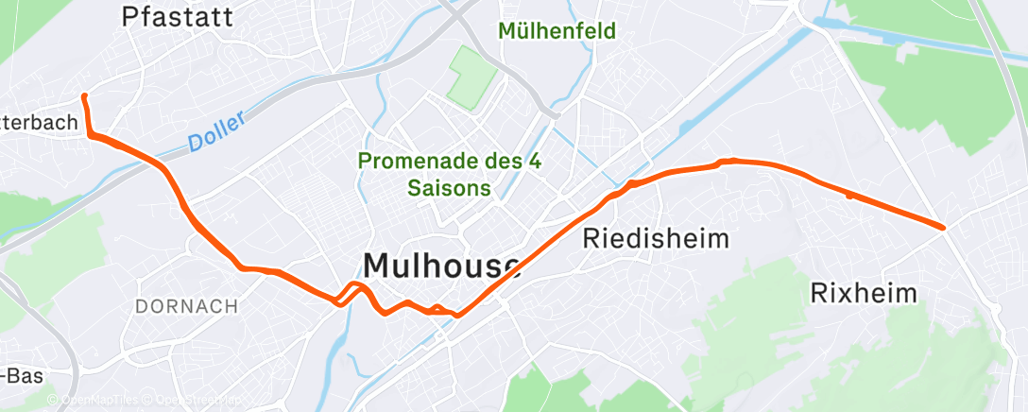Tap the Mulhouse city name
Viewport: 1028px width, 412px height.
tap(441, 265)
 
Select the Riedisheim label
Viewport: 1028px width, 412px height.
tap(659, 237)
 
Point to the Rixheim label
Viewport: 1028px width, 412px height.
tap(864, 293)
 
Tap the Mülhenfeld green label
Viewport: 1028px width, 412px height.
tap(557, 31)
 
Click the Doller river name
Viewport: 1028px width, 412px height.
tap(216, 130)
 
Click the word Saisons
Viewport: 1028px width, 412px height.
tap(450, 188)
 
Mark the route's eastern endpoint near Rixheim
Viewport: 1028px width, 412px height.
tap(943, 227)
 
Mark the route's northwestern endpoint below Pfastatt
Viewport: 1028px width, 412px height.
tap(84, 96)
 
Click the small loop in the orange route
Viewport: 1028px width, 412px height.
tap(351, 292)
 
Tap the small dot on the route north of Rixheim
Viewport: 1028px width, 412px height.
tap(849, 196)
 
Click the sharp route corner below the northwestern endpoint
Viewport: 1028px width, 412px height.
tap(91, 135)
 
